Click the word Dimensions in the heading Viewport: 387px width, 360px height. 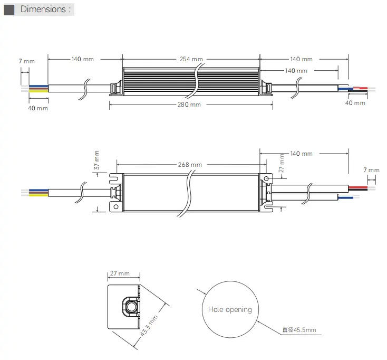click(43, 9)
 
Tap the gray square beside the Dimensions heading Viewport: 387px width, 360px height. click(9, 10)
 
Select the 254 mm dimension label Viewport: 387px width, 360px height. click(190, 59)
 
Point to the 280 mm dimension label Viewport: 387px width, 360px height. click(188, 105)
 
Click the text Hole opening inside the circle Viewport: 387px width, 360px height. click(230, 309)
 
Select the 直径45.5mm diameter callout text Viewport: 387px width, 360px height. click(299, 330)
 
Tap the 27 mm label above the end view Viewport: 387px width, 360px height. click(120, 273)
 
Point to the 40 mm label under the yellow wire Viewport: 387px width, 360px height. click(37, 108)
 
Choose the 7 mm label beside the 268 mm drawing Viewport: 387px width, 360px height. click(371, 170)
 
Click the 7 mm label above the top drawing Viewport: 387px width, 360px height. click(26, 61)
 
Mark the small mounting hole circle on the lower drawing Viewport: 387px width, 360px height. click(267, 179)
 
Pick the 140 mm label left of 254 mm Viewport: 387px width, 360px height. click(83, 59)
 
